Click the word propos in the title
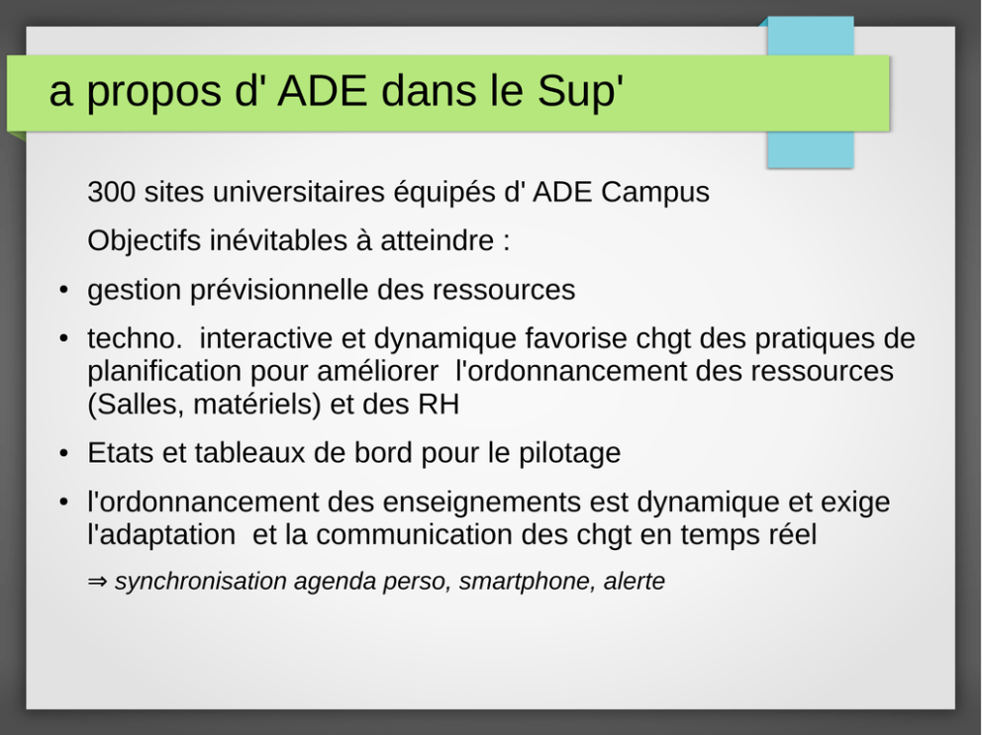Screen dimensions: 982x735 [x=153, y=93]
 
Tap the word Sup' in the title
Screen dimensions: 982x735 [x=580, y=91]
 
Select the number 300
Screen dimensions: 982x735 [x=111, y=192]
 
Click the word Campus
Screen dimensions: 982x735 [x=655, y=193]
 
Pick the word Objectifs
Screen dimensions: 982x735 [x=144, y=241]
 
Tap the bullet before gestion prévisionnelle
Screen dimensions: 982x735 [x=63, y=291]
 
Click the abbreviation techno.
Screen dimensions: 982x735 [x=135, y=338]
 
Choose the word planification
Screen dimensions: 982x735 [x=164, y=371]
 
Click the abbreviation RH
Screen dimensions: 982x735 [x=438, y=405]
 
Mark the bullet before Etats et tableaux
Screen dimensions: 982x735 [x=63, y=453]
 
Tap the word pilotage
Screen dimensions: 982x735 [x=569, y=453]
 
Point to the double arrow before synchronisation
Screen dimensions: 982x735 [x=97, y=582]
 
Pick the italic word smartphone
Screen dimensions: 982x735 [x=526, y=582]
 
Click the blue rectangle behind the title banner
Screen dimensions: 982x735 [x=811, y=149]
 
